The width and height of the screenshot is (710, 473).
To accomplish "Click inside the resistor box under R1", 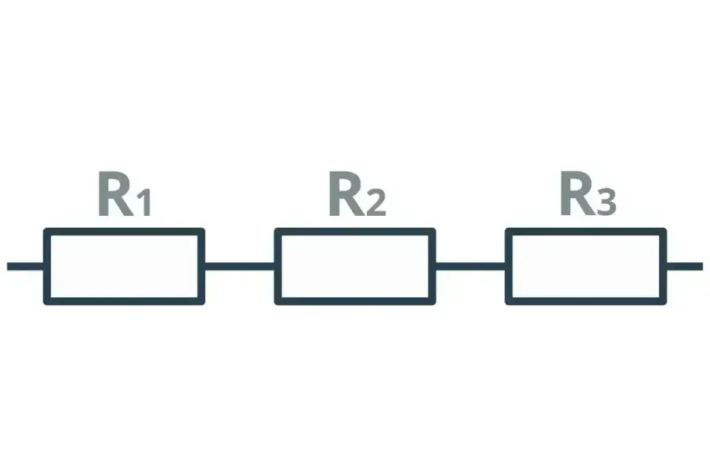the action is [124, 266].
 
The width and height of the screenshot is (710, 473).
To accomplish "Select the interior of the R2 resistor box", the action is [355, 266].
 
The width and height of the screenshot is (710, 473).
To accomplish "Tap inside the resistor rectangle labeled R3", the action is [586, 266].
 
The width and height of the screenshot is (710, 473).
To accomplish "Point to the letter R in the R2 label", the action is [347, 194].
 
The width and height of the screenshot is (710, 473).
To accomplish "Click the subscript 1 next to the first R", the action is [144, 203].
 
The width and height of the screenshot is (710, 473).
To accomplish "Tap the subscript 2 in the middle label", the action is [376, 203].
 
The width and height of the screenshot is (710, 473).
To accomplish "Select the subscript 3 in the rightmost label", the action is [606, 202].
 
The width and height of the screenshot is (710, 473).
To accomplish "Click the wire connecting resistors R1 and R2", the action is [240, 266].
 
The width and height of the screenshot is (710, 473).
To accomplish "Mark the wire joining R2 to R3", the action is [470, 266].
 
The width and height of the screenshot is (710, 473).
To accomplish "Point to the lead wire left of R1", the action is [25, 266].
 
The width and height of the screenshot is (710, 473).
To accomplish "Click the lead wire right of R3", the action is [685, 266].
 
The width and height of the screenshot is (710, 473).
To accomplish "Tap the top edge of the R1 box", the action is [124, 232].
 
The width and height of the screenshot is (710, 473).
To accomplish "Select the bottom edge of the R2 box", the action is [355, 301].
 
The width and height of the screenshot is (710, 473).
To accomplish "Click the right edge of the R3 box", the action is [663, 266].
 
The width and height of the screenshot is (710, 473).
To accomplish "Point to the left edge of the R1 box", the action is [47, 266].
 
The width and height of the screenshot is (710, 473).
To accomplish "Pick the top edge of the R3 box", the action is [586, 232].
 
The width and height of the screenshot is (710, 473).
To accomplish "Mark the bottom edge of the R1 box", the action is [124, 301].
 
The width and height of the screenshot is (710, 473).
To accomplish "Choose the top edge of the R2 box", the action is [355, 232].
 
